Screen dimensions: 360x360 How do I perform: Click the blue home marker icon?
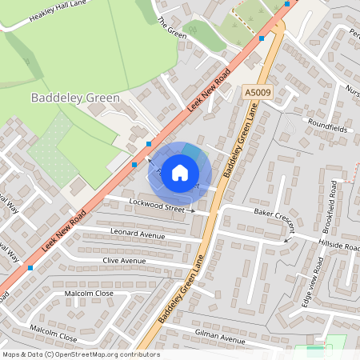(180, 172)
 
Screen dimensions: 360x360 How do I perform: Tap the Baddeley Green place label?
(75, 98)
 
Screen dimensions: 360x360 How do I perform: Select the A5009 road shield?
(254, 93)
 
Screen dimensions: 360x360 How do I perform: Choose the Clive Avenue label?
(124, 261)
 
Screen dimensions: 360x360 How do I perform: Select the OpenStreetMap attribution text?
(81, 354)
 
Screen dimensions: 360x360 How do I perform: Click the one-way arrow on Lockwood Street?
(190, 210)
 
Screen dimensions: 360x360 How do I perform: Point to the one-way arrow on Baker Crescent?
(287, 238)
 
